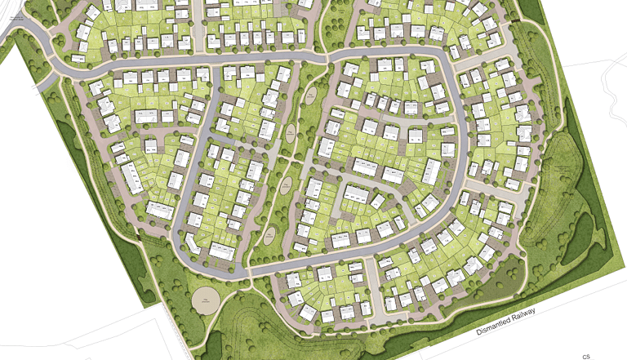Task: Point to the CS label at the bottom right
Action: pos(585,357)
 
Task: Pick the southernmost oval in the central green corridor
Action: pos(269,237)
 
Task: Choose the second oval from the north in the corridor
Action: pos(290,134)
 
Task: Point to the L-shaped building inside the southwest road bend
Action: pos(190,242)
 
